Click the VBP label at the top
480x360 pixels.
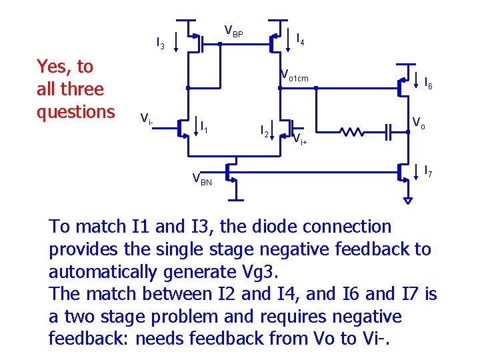tap(233, 31)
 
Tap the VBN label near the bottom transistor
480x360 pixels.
tap(202, 179)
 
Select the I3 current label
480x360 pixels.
tap(160, 44)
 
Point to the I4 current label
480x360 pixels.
tap(301, 40)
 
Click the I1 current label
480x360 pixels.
tap(205, 125)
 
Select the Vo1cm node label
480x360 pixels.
tap(294, 76)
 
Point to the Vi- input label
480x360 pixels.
tap(147, 119)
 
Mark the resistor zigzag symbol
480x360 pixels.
tap(353, 131)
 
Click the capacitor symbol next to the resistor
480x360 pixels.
tap(389, 131)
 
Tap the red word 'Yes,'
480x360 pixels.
tap(55, 67)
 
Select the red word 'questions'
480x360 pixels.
tap(75, 111)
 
